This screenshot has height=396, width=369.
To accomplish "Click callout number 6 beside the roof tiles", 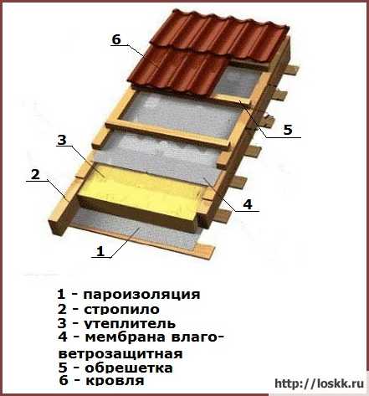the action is [x=116, y=39].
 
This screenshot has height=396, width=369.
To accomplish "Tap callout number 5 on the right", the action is [x=288, y=130].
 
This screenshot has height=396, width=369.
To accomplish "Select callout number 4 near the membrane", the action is [x=248, y=204].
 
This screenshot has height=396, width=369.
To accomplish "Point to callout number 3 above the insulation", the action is [x=62, y=140].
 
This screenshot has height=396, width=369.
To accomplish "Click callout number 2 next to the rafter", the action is [x=35, y=175].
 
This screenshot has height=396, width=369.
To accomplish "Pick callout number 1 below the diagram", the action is [x=100, y=251].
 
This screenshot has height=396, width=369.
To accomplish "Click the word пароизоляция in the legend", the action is [x=141, y=295].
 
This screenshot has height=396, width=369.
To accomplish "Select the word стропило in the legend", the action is [x=121, y=310].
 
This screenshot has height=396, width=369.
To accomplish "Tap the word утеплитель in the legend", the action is [x=130, y=324].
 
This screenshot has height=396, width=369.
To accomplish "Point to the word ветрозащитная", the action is [x=120, y=354].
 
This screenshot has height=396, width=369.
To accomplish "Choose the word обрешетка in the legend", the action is [x=129, y=368].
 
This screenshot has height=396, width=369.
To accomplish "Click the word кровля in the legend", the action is [x=115, y=381].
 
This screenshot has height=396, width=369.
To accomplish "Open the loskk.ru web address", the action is [x=320, y=383].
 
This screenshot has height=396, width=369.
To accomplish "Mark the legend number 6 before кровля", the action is [x=64, y=381].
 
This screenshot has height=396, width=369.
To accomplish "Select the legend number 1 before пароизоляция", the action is [x=61, y=294].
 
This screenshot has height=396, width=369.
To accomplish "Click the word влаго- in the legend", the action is [x=197, y=337].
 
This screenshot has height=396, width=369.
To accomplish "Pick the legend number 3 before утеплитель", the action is [x=63, y=323].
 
